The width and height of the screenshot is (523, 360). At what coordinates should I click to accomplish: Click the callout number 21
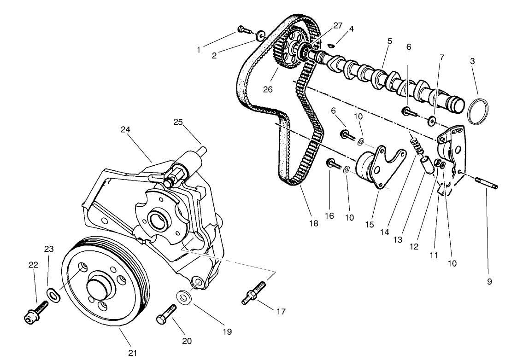[133, 353]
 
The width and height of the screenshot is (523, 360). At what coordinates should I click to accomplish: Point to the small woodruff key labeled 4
[331, 45]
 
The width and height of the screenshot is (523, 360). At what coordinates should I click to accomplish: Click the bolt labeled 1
[244, 30]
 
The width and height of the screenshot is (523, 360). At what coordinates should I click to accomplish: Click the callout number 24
[126, 130]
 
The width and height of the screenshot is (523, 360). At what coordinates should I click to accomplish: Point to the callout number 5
[389, 41]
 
